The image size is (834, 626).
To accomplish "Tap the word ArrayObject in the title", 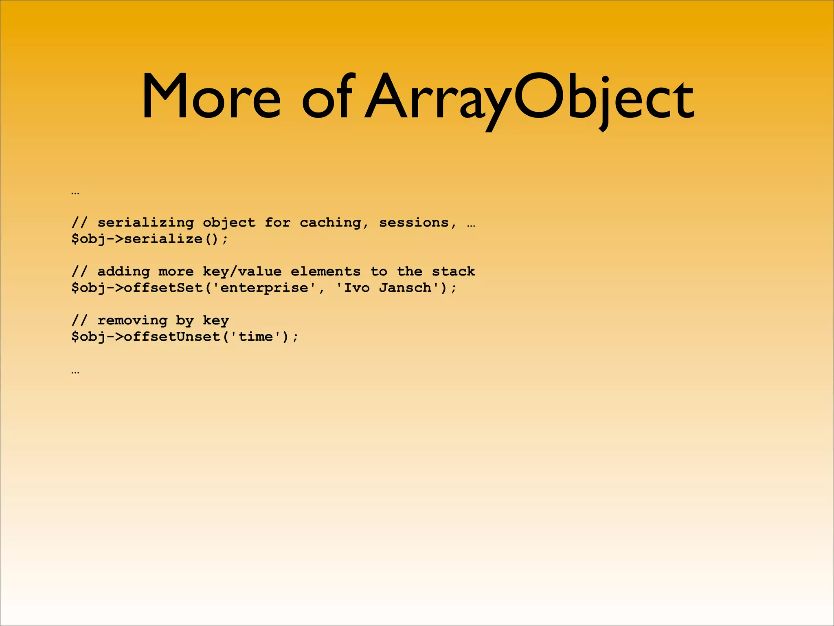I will click(x=529, y=98).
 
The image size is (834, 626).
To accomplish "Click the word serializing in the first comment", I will click(x=145, y=223).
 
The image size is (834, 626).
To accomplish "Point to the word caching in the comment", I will click(x=330, y=223).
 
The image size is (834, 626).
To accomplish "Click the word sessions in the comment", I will click(x=414, y=223).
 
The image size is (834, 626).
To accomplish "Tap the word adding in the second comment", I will click(x=123, y=271).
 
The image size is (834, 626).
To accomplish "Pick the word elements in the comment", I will click(x=326, y=271).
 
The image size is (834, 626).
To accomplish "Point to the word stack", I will click(x=453, y=271).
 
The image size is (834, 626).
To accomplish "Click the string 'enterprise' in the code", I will click(x=264, y=288).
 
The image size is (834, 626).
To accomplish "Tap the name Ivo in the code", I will click(x=357, y=288).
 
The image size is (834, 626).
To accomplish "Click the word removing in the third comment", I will click(x=132, y=320).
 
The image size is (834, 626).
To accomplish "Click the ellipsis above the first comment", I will click(x=75, y=192).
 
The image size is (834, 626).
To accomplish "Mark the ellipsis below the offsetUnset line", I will click(x=75, y=372).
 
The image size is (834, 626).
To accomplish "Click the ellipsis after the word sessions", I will click(x=471, y=225).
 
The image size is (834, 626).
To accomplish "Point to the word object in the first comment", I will click(x=229, y=223).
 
